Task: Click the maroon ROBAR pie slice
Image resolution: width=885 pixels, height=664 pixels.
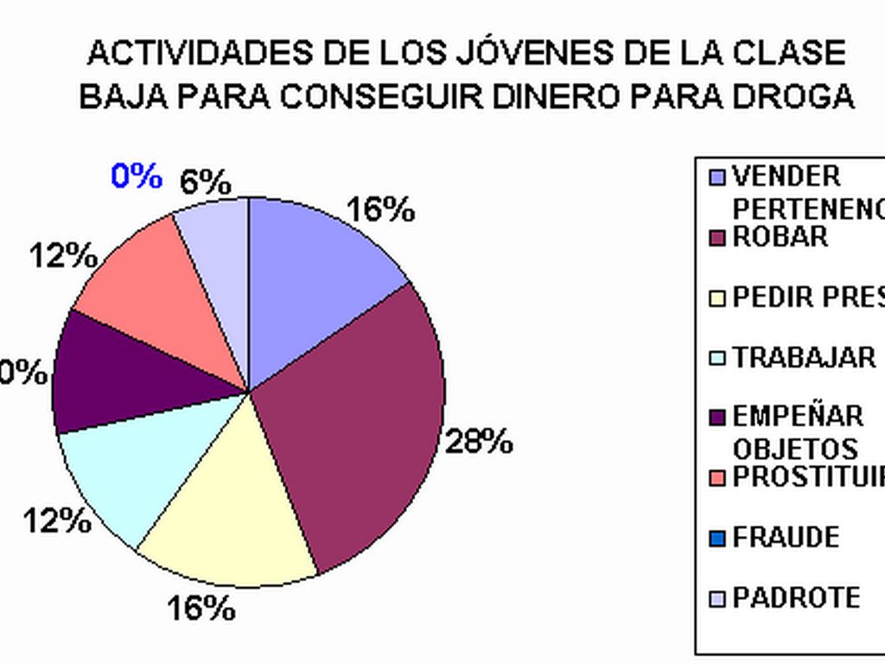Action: pos(354,415)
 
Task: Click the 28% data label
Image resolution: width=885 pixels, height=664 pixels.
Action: pos(479,442)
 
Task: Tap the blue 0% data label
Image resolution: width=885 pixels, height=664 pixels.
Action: pos(137,176)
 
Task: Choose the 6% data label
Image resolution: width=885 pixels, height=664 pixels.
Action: pos(205,182)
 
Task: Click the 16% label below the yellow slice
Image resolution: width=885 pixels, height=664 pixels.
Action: pos(201,609)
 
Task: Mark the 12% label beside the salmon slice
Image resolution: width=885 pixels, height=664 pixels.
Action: pos(63,256)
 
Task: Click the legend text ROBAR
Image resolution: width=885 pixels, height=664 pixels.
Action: pos(780,237)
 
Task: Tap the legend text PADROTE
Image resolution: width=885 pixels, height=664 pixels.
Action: pos(796,597)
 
